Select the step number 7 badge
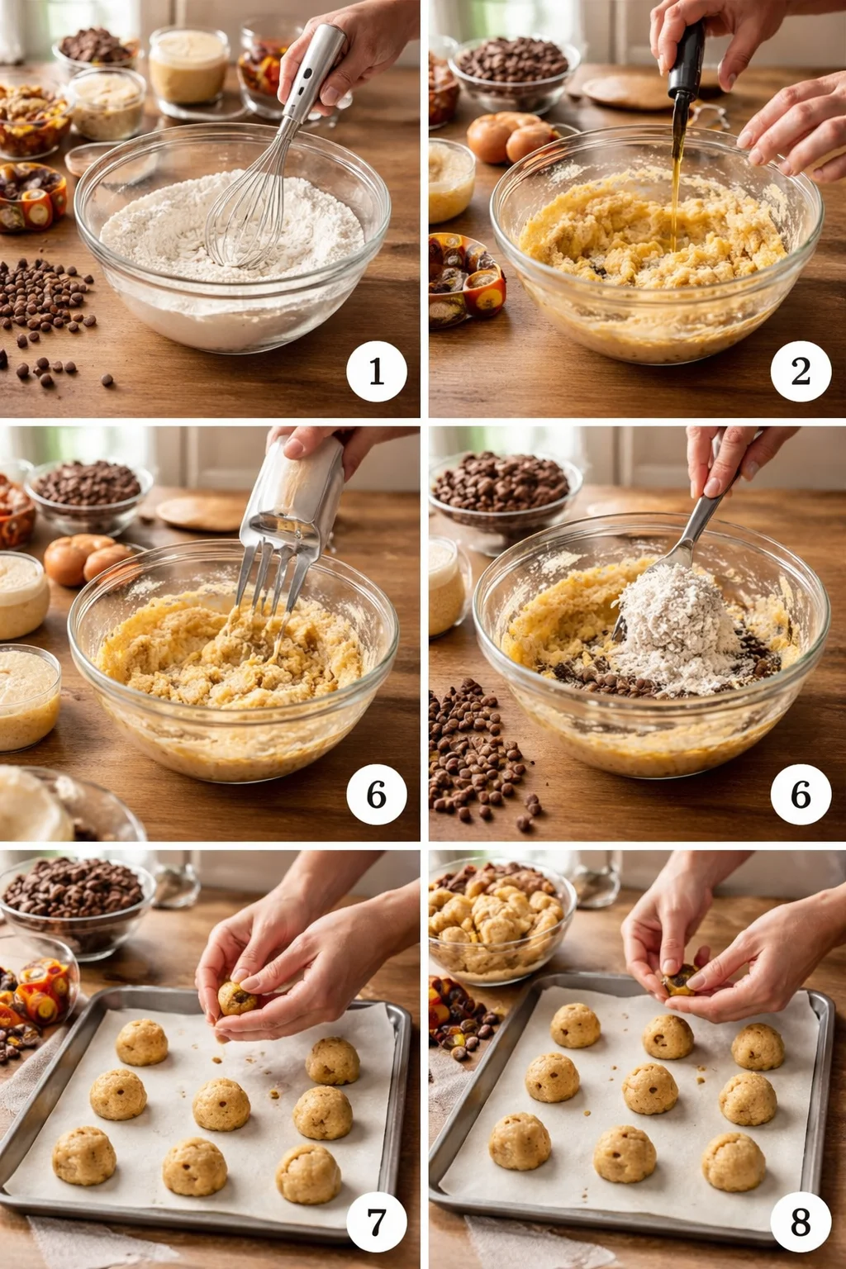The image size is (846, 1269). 376,1221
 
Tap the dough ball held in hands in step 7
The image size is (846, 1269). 238,997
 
